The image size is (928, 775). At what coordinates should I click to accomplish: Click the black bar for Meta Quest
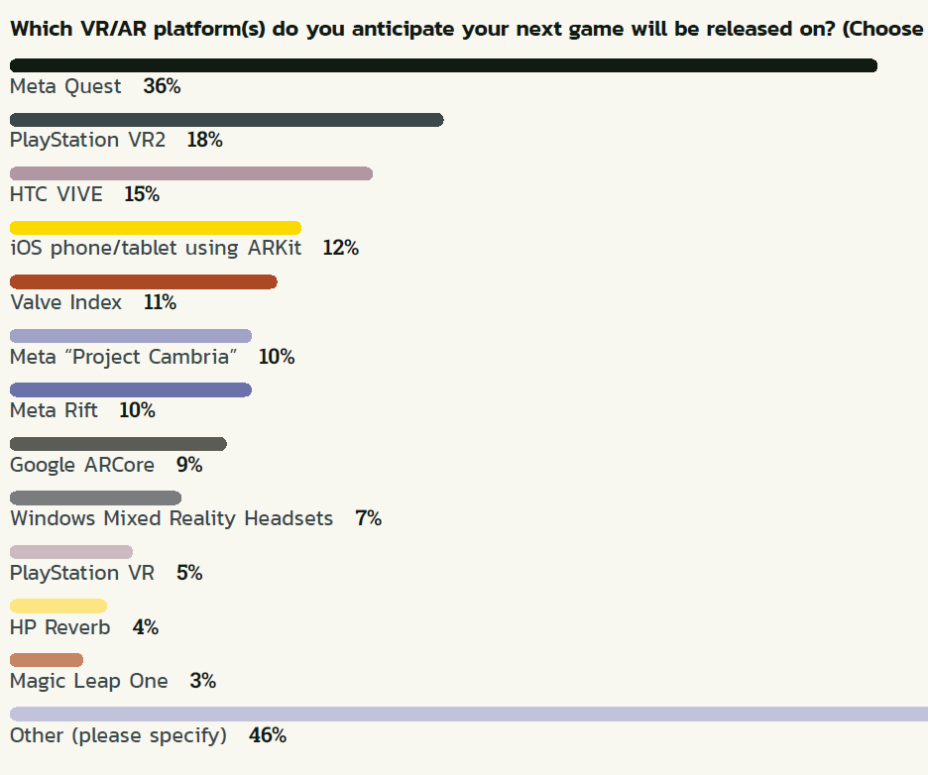443,65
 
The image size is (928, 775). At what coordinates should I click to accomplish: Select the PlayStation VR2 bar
226,120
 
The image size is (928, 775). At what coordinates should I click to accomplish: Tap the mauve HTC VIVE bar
190,173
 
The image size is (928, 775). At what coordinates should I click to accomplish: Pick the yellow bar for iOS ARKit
155,228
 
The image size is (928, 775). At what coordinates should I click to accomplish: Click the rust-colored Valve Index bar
143,281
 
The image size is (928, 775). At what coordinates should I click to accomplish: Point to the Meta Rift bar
130,389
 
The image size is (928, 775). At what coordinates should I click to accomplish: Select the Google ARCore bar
118,444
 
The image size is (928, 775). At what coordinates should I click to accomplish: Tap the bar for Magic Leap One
47,660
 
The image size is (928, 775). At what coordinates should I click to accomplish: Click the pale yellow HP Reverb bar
58,606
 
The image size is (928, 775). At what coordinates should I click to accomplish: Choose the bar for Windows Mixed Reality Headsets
95,498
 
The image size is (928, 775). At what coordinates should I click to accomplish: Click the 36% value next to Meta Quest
162,86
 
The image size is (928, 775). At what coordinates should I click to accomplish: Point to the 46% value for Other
268,735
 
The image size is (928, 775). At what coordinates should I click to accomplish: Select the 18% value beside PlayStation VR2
204,140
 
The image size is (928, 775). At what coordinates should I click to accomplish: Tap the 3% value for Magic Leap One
202,681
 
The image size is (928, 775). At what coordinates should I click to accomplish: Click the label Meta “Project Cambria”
124,357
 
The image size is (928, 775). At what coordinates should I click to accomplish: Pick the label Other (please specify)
118,735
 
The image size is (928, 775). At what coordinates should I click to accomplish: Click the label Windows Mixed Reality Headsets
172,518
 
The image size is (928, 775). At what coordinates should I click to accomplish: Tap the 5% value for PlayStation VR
189,573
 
